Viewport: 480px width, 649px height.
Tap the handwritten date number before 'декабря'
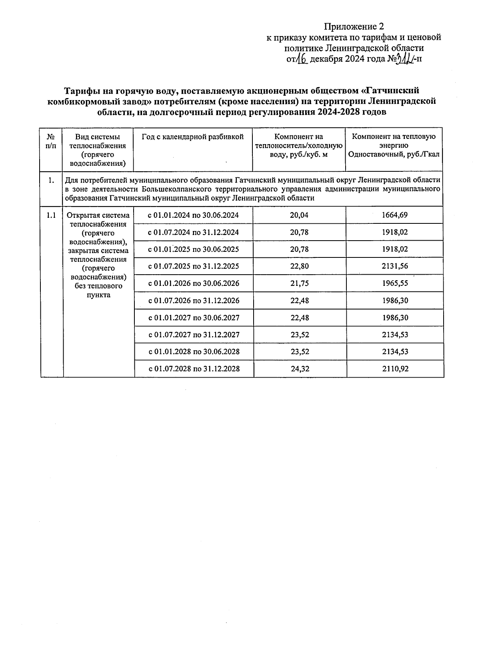point(302,59)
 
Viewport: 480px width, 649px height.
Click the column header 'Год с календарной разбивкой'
point(193,137)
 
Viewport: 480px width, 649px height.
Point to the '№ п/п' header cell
point(51,141)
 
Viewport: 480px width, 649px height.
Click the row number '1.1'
point(51,215)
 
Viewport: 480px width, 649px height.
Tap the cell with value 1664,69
point(394,215)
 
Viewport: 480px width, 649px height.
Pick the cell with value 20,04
point(299,215)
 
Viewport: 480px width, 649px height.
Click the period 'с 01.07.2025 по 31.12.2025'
point(194,266)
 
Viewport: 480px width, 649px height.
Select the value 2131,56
point(395,266)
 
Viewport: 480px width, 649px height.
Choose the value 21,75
point(299,283)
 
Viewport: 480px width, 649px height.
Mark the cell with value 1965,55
point(395,283)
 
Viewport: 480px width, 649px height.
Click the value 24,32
point(300,369)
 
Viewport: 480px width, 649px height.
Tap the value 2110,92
point(395,369)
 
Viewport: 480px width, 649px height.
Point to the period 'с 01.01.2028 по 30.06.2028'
point(194,352)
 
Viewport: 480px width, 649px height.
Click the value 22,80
point(299,266)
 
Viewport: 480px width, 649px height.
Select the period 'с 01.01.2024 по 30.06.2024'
point(193,215)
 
